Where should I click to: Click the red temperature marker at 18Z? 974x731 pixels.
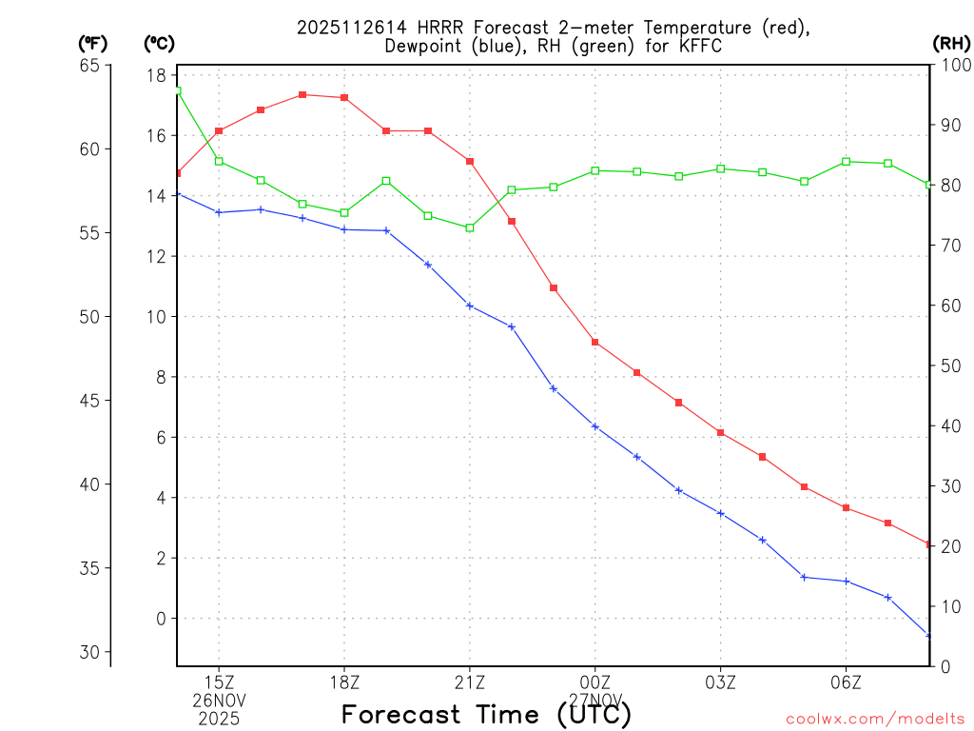tap(344, 97)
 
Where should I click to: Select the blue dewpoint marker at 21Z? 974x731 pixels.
tap(470, 306)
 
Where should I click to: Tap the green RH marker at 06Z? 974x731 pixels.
tap(847, 162)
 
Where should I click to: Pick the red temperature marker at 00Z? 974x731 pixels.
tap(595, 342)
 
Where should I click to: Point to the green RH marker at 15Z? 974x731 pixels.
tap(219, 161)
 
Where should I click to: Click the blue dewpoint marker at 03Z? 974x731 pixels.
tap(721, 513)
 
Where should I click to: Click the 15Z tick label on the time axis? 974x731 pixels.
tap(219, 682)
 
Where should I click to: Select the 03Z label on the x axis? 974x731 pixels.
tap(721, 682)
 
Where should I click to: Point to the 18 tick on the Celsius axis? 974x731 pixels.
tap(158, 75)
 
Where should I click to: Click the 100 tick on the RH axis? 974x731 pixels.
tap(955, 66)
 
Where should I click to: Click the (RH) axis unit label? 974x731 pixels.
tap(951, 43)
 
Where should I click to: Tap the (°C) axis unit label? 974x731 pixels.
tap(159, 43)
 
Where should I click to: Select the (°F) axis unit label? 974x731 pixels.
tap(93, 43)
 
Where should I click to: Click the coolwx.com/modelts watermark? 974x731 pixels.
tap(875, 719)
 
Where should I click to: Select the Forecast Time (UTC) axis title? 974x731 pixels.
tap(486, 714)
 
